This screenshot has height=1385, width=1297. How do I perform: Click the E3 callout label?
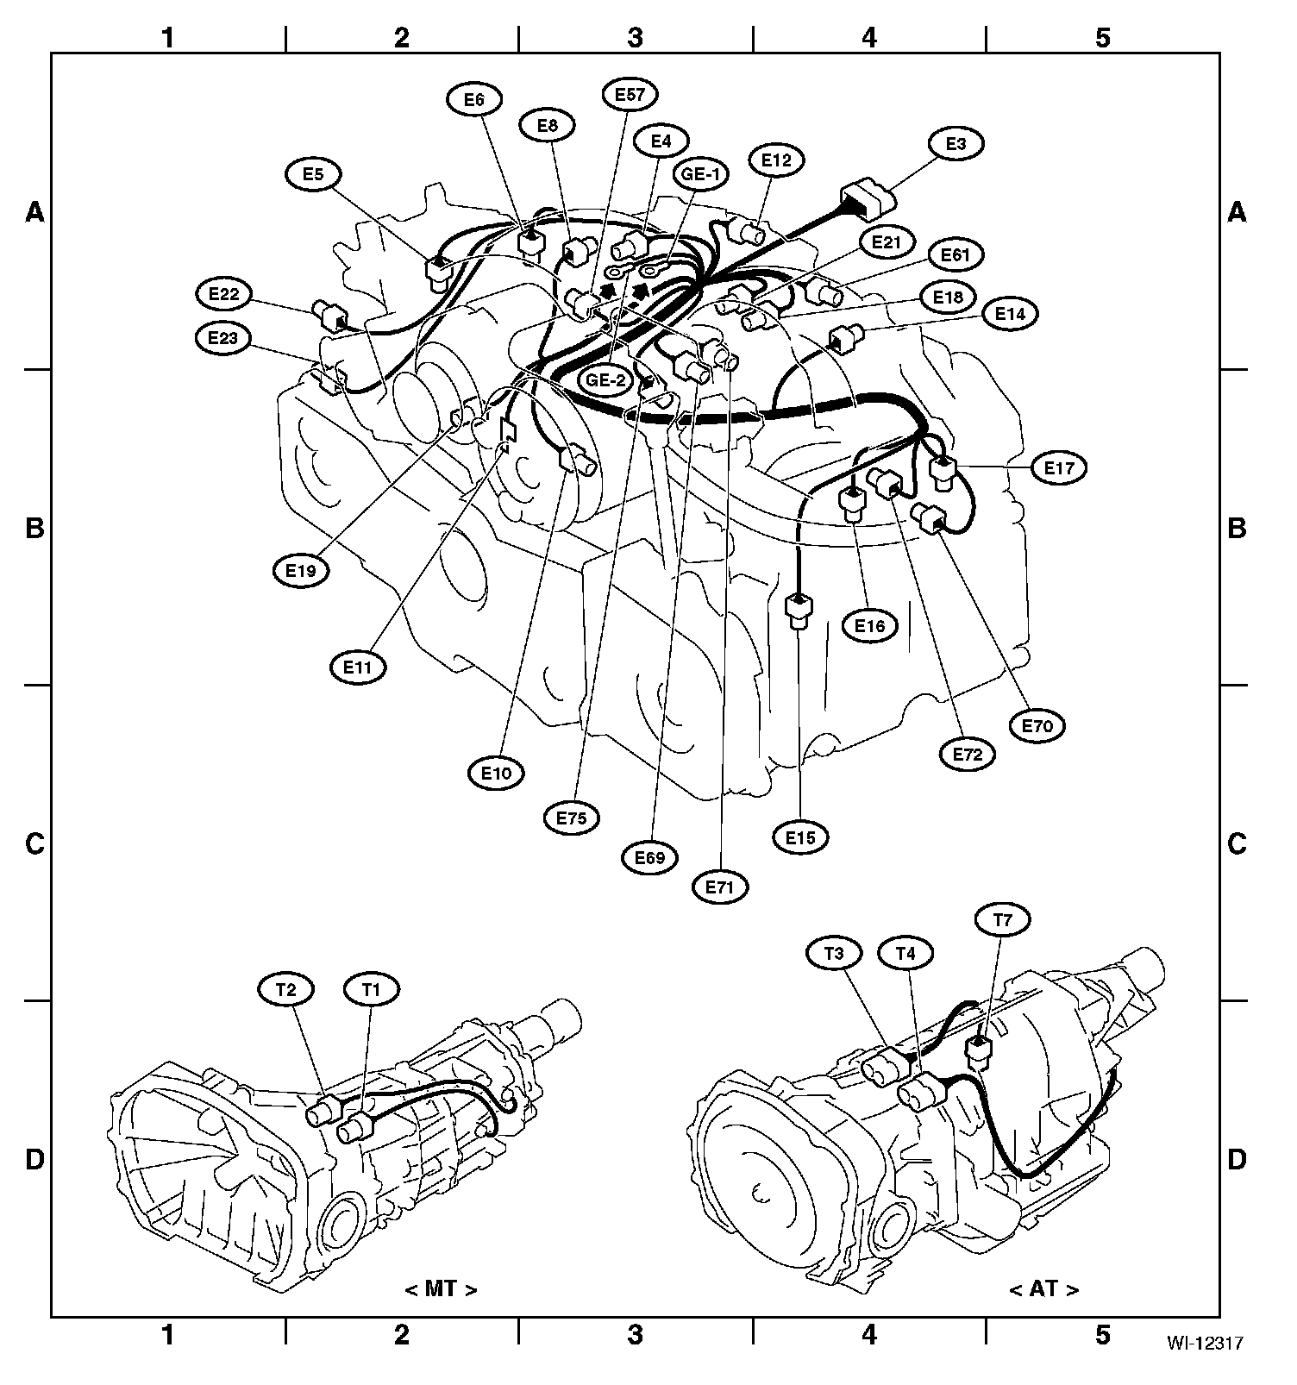956,144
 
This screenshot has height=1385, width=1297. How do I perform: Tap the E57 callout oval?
630,95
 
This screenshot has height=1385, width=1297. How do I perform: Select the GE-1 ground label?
701,175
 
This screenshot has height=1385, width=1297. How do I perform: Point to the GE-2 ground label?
606,379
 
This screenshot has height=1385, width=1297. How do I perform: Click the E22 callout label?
223,294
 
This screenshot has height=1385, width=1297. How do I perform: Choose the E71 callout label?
720,887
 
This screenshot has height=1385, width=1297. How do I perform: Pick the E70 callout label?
1037,726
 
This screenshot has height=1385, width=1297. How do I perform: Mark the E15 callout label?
800,837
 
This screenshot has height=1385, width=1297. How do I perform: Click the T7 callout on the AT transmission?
1002,921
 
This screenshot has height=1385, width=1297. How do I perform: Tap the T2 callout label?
286,991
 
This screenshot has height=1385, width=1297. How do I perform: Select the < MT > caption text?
441,1289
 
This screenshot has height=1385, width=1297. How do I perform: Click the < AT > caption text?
1043,1289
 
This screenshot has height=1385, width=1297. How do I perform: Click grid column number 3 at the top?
636,38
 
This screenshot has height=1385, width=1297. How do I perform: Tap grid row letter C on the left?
34,843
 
